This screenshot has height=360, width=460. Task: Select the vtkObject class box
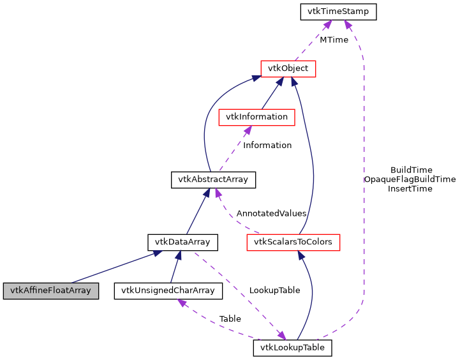(x=288, y=68)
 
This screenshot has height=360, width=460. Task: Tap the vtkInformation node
(x=256, y=117)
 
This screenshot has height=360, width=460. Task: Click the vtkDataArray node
(x=183, y=242)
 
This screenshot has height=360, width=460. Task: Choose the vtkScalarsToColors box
(x=293, y=242)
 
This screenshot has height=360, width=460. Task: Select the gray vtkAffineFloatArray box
(x=50, y=291)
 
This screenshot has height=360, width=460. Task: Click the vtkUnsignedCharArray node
(x=168, y=291)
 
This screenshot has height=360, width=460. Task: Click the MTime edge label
(x=334, y=40)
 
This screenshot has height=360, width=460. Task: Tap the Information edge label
(x=267, y=146)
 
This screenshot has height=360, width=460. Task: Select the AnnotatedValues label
(x=271, y=213)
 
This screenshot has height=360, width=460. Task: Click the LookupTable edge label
(x=274, y=290)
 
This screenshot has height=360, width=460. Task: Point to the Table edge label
(x=230, y=319)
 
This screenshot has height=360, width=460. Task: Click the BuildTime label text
(x=412, y=170)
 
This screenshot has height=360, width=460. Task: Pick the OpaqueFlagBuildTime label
(x=410, y=179)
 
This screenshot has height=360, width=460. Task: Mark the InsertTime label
(x=410, y=188)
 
